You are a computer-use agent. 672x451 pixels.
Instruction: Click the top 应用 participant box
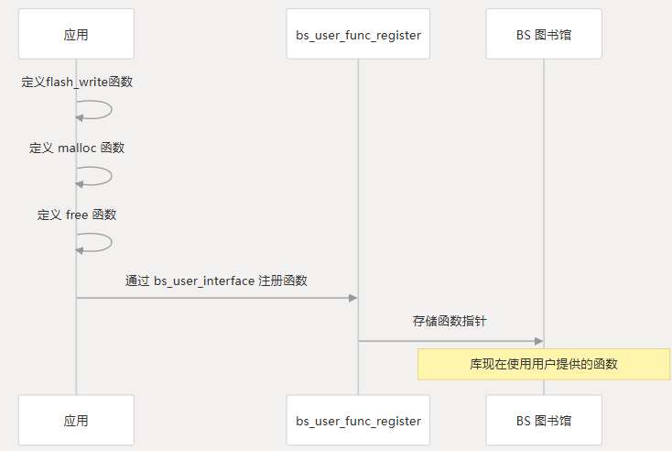[76, 34]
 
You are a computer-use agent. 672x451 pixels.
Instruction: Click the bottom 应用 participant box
[76, 421]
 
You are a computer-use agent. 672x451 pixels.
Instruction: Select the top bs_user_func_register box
[358, 34]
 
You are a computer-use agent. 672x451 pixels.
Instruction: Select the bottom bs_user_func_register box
[358, 421]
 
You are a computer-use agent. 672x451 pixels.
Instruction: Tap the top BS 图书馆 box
[544, 34]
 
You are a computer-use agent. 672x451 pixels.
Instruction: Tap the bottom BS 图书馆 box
[544, 421]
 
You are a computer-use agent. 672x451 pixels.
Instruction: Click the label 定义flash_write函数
[77, 82]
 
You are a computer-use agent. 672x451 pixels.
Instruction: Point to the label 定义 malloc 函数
[77, 148]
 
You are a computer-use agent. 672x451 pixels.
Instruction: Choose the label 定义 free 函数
[77, 214]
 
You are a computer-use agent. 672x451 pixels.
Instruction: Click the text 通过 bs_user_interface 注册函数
[216, 280]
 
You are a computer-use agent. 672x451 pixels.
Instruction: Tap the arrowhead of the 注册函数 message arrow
[352, 297]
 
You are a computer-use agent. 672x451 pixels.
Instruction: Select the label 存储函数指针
[450, 322]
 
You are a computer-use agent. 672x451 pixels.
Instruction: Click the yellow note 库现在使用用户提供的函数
[544, 364]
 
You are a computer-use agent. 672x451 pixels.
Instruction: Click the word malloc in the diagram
[77, 148]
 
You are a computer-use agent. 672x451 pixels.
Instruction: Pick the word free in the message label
[77, 214]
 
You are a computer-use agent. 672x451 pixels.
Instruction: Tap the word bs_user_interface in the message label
[204, 280]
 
